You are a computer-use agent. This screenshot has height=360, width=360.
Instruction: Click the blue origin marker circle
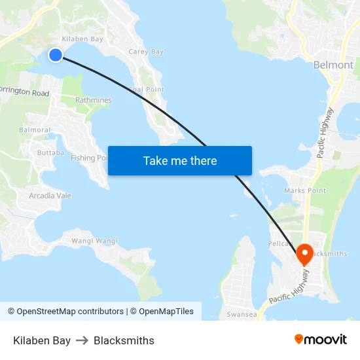[x=56, y=55]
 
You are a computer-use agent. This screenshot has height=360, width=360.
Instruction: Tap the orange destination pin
[x=304, y=253]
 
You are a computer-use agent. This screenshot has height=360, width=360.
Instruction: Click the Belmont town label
[x=333, y=65]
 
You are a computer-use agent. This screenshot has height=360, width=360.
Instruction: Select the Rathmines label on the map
[x=93, y=100]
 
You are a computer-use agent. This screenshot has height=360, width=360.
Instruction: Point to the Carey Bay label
[x=146, y=52]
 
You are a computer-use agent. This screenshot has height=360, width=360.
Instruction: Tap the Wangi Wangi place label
[x=94, y=241]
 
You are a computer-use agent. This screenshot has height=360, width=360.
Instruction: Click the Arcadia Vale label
[x=50, y=196]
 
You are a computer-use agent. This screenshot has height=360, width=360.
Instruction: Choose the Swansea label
[x=241, y=314]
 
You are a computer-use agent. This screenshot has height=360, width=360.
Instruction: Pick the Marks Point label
[x=305, y=190]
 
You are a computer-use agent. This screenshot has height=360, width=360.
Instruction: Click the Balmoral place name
[x=35, y=130]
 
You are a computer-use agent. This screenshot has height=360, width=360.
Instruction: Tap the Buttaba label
[x=50, y=153]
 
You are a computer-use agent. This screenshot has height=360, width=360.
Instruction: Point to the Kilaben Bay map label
[x=83, y=39]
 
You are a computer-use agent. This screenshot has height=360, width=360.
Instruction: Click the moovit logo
[x=321, y=340]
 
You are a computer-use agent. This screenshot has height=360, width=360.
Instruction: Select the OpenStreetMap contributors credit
[x=65, y=312]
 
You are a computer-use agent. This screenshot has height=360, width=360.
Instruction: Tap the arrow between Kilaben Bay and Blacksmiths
[x=82, y=340]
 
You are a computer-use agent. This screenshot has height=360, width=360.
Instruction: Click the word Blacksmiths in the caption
[x=124, y=340]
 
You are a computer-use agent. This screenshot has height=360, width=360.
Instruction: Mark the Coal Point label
[x=147, y=90]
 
